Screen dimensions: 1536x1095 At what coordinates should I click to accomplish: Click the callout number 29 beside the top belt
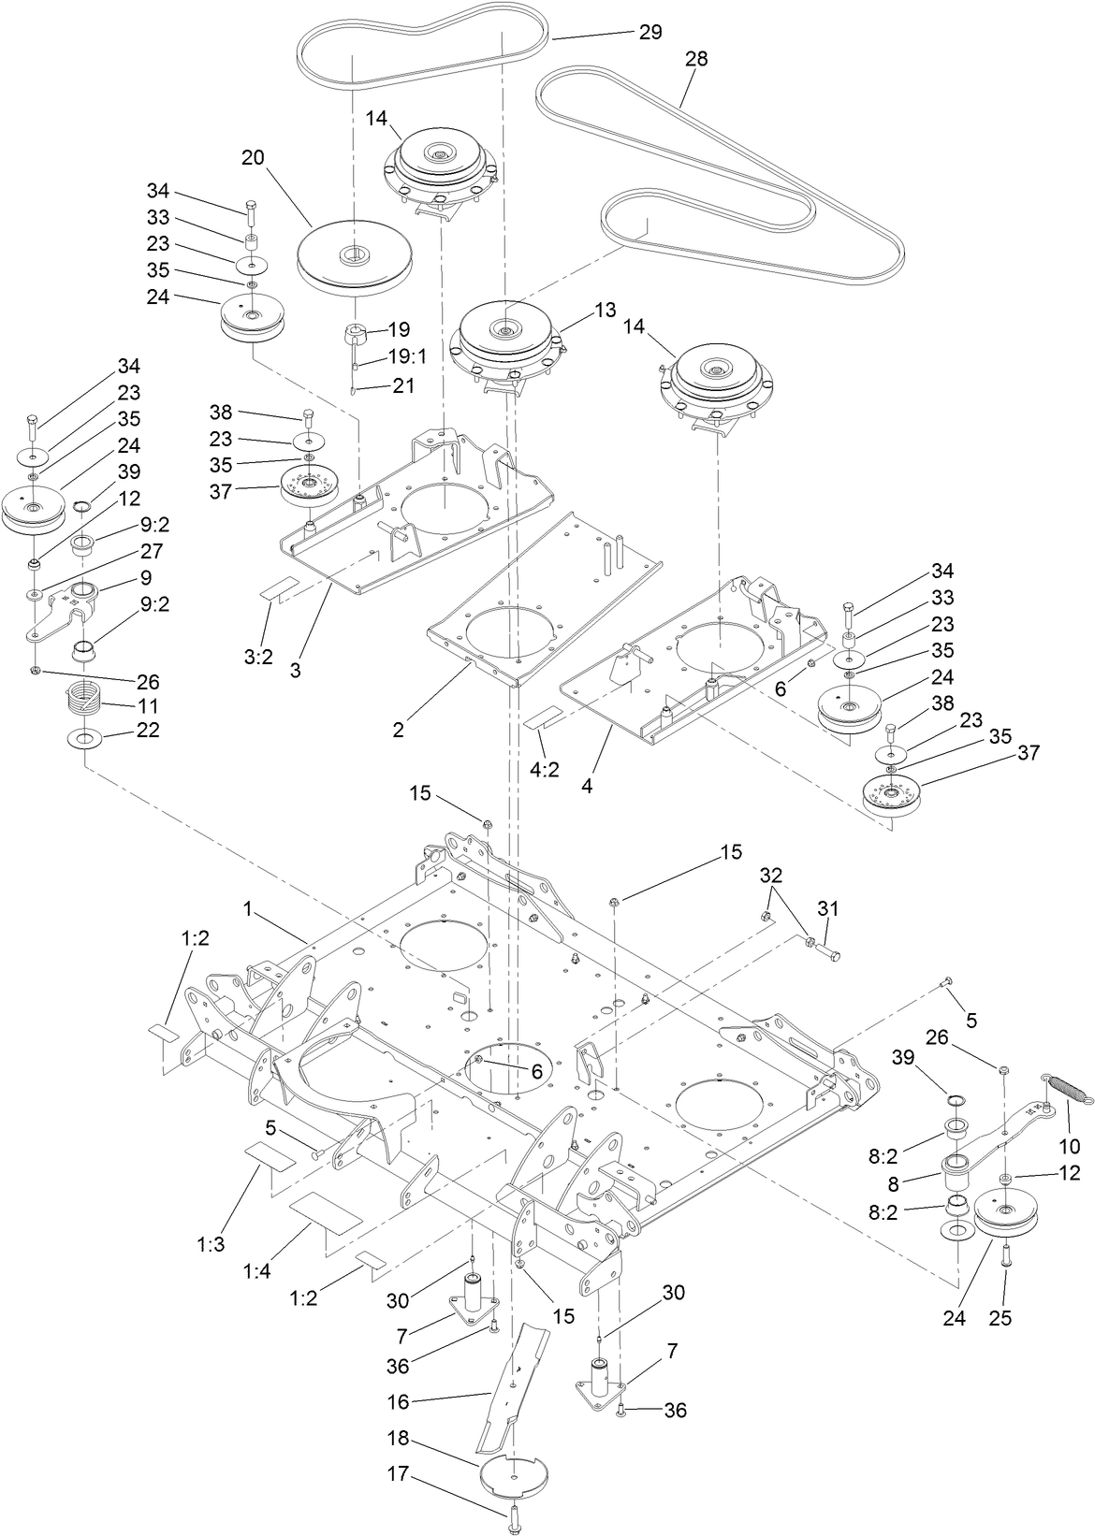(650, 32)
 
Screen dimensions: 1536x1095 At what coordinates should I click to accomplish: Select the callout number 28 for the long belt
(696, 58)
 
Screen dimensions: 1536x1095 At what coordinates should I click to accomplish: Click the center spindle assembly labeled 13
(505, 337)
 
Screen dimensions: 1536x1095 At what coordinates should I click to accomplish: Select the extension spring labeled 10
(1043, 1087)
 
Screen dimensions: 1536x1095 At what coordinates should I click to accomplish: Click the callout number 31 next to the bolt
(829, 907)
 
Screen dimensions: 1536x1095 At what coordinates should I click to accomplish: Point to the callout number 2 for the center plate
(399, 730)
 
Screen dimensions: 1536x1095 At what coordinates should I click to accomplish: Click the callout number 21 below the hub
(404, 385)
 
